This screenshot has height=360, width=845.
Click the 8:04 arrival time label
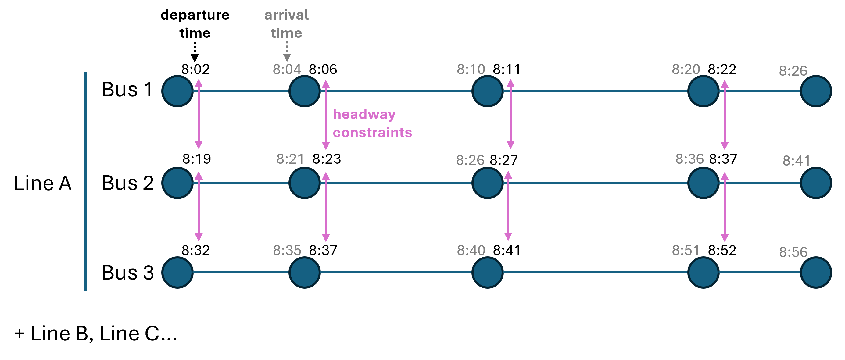[287, 69]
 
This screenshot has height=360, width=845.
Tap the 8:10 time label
[471, 69]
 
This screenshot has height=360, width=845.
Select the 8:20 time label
[686, 69]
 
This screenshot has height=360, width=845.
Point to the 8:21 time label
[290, 159]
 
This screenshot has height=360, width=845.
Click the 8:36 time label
[689, 159]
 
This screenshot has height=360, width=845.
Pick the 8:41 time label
[797, 161]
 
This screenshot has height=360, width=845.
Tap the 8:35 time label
[287, 251]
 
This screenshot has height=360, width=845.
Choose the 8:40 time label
[471, 251]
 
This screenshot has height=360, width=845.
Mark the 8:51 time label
[686, 251]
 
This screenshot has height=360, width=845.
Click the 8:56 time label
[793, 252]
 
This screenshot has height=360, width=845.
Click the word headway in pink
[364, 114]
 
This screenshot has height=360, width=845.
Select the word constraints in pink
[372, 133]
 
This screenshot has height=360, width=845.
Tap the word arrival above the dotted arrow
[286, 15]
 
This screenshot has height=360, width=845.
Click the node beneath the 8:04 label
[304, 91]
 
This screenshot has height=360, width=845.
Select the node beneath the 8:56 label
[815, 273]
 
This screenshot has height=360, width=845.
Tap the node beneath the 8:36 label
[703, 183]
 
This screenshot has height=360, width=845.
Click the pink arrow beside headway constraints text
[325, 115]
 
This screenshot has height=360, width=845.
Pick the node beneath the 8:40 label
[487, 273]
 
